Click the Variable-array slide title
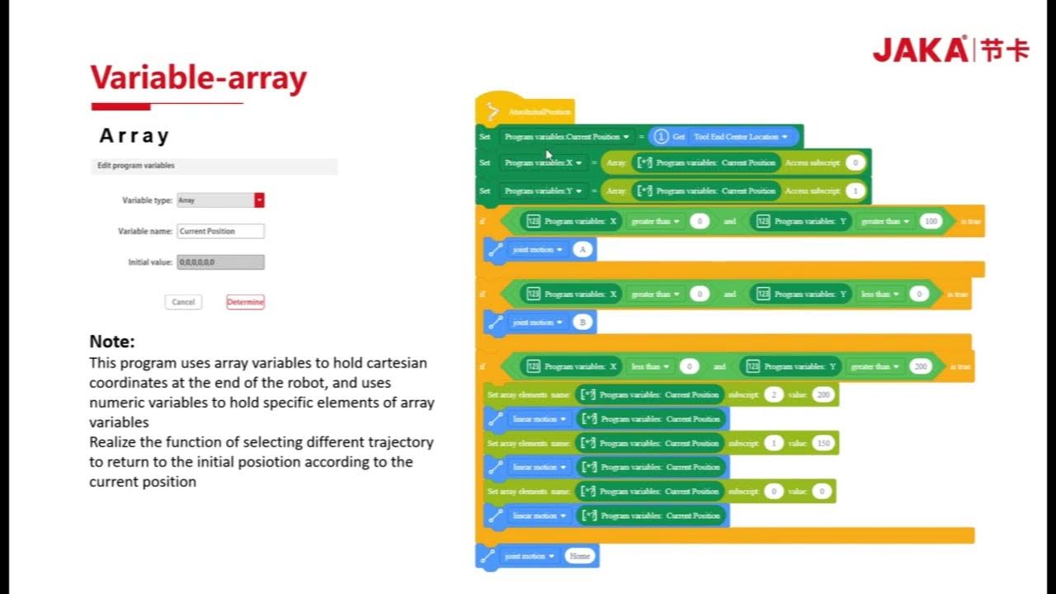(198, 78)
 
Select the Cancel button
(183, 302)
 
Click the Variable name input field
(220, 231)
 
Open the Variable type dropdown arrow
(259, 200)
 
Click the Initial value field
(220, 262)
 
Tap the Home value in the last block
(580, 556)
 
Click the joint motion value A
(582, 249)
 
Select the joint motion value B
(582, 322)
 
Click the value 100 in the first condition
(931, 221)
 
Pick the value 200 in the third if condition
(921, 366)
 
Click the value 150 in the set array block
(822, 443)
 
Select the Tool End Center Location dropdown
(741, 137)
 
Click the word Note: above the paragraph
(112, 342)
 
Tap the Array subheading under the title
(134, 136)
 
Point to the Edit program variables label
(136, 166)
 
